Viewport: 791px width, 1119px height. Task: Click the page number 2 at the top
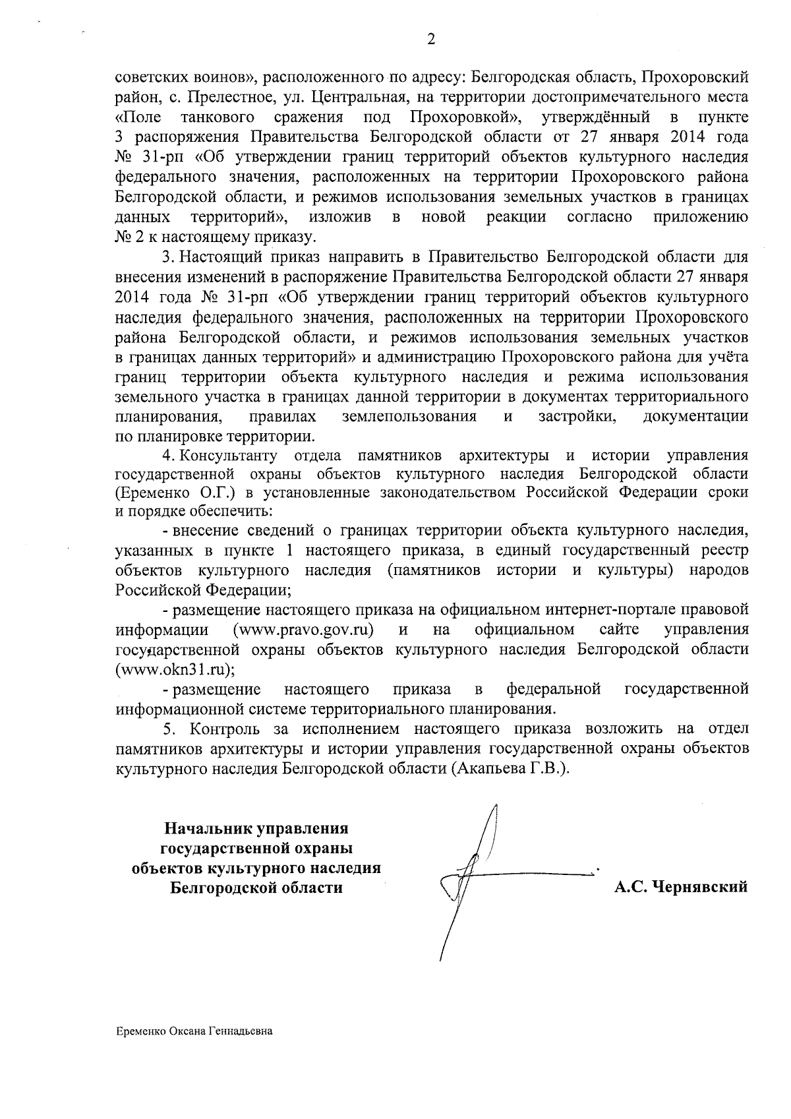(x=431, y=40)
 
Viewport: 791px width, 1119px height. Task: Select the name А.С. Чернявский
(x=681, y=887)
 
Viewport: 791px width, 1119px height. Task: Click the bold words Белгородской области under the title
(x=256, y=888)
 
